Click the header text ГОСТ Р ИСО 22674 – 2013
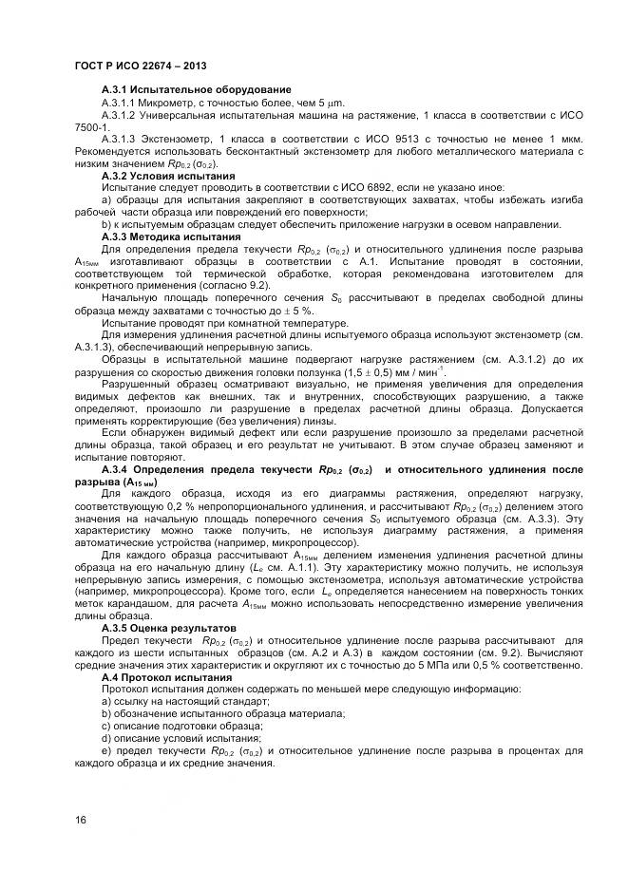tap(141, 66)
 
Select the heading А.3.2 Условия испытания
tap(168, 176)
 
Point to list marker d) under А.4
tap(106, 738)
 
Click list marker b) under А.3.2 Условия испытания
tap(106, 225)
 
